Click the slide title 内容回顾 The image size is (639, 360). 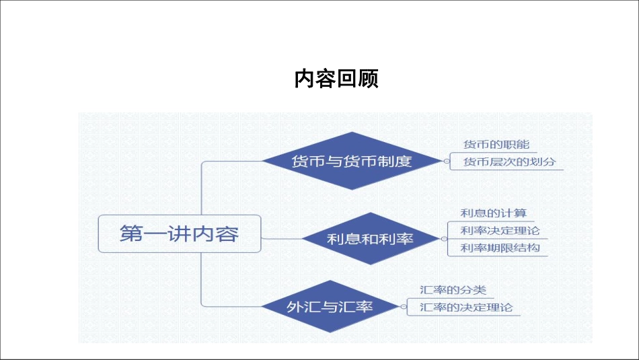coord(336,79)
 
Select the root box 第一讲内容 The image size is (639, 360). coord(179,234)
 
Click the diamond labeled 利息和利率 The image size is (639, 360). coord(370,239)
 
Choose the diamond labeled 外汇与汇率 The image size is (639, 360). coord(330,307)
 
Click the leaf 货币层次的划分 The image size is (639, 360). coord(510,162)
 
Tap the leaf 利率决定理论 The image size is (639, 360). coord(500,231)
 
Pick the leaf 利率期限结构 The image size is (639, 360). coord(500,248)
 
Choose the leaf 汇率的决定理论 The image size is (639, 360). coord(465,308)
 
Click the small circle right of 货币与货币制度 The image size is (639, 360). coord(445,161)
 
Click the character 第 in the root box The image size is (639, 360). coord(130,234)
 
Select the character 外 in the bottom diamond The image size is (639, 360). coord(295,307)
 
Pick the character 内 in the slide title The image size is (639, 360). coord(305,79)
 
